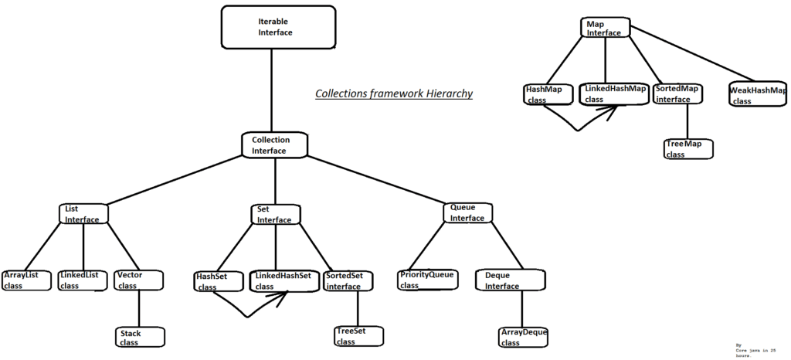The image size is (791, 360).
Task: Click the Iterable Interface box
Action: (271, 27)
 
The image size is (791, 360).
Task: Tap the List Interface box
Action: (83, 214)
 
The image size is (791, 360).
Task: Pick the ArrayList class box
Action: (25, 280)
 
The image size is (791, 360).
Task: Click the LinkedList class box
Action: (83, 280)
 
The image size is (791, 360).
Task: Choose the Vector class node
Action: (139, 280)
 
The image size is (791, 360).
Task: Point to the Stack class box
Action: (139, 337)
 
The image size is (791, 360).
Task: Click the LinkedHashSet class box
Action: (283, 281)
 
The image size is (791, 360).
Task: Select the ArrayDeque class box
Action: (525, 337)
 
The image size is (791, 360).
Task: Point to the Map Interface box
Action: (606, 29)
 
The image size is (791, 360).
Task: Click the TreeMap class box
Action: (687, 148)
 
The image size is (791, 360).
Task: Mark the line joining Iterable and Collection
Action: (273, 89)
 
